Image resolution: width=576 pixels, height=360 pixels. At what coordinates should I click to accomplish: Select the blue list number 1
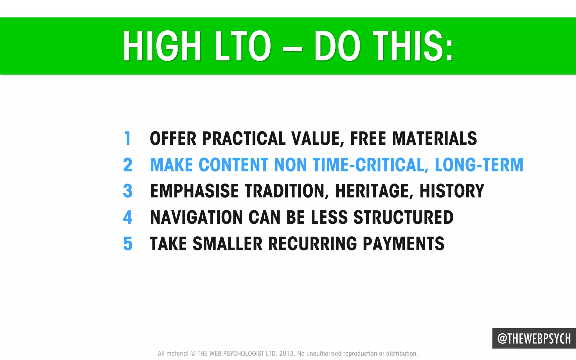[127, 138]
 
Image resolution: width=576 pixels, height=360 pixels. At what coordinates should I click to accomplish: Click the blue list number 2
[127, 165]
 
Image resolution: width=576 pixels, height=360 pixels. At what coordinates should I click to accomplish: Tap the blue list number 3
[127, 191]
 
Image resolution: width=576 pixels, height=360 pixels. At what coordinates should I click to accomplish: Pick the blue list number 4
[127, 217]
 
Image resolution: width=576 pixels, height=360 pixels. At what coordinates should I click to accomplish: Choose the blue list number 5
[127, 243]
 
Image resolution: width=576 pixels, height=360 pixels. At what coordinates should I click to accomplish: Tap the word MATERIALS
[434, 138]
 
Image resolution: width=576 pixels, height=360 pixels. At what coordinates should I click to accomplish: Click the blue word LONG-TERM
[479, 165]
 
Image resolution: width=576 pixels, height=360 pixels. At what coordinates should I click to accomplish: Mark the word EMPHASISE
[194, 191]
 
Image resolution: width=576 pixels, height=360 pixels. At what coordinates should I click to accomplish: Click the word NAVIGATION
[196, 217]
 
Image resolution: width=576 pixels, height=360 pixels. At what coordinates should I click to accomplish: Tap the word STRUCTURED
[403, 217]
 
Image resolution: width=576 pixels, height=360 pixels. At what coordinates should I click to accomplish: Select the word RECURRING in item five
[312, 243]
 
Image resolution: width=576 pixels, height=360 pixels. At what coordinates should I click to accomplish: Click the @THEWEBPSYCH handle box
[534, 338]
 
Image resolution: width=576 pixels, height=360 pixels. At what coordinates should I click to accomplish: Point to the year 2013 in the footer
[287, 353]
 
